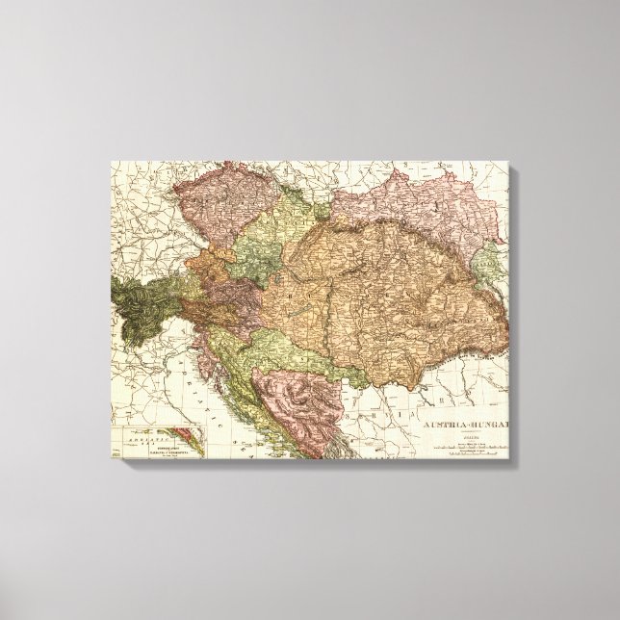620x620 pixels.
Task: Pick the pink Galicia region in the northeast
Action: pyautogui.click(x=424, y=212)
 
